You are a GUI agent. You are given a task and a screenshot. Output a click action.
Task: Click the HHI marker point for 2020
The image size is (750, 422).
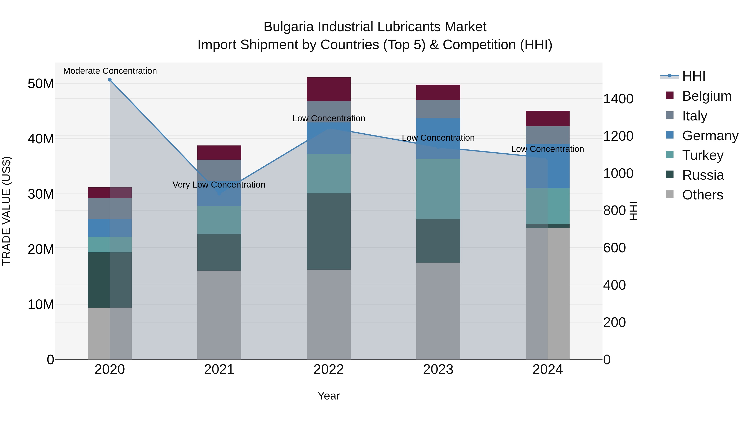(110, 80)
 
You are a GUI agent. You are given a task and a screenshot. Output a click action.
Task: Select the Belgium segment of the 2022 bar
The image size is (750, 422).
(329, 89)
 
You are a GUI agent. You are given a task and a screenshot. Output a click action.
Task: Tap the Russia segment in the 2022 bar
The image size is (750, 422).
(329, 232)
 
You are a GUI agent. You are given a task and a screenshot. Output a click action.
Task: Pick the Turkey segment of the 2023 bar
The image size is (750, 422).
(438, 189)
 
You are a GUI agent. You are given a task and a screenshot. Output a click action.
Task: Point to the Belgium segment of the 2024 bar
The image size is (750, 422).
(548, 119)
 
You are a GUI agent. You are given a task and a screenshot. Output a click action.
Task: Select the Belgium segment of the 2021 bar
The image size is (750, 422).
(219, 152)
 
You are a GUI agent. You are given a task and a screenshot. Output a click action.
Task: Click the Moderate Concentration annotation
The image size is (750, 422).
(110, 71)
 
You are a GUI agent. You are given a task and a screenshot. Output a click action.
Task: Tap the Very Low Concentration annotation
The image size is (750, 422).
(219, 185)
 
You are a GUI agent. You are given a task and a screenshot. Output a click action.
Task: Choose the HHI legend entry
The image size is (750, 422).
(694, 76)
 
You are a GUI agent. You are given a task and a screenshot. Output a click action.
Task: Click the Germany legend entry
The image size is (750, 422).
(710, 136)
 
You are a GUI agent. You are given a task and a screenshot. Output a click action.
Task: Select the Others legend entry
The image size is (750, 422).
(702, 195)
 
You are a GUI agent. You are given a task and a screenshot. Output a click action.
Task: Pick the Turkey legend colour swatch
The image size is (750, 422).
(670, 155)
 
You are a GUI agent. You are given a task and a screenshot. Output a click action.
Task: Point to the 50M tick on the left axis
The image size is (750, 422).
(41, 84)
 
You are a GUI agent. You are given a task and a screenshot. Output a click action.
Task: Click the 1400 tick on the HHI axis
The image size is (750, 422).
(618, 99)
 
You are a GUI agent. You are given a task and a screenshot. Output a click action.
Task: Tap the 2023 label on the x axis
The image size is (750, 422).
(438, 369)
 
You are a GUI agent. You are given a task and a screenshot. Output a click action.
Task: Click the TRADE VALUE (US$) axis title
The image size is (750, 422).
(6, 211)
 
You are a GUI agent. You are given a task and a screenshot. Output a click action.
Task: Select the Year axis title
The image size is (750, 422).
(329, 396)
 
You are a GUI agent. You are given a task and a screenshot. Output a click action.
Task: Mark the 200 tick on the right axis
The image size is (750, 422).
(614, 322)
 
